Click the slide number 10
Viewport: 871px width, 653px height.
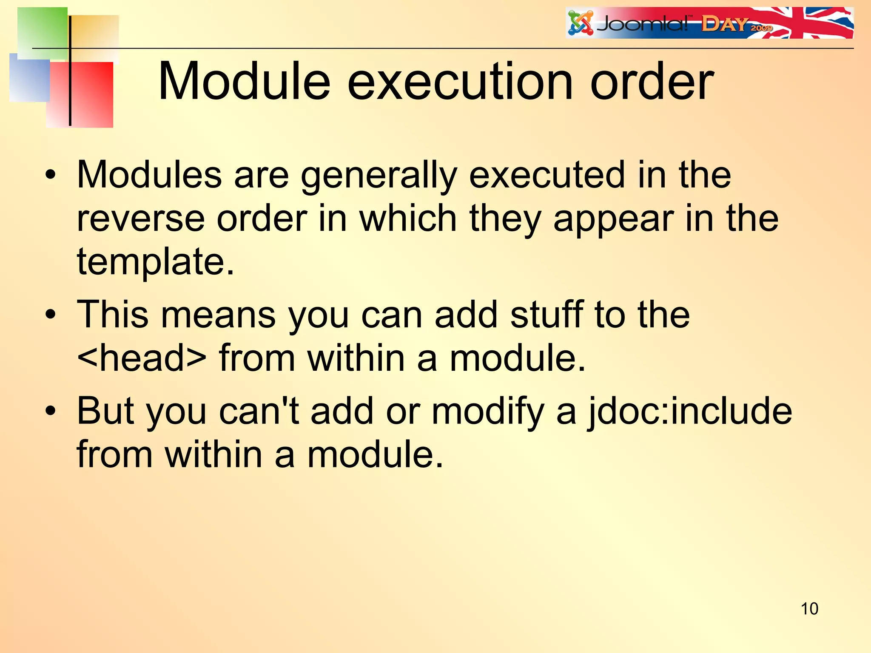click(x=809, y=609)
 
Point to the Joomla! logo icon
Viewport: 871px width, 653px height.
click(x=581, y=23)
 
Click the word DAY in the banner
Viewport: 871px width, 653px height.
click(x=724, y=24)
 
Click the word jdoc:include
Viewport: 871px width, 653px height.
click(x=690, y=412)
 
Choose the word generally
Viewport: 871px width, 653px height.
click(x=379, y=176)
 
